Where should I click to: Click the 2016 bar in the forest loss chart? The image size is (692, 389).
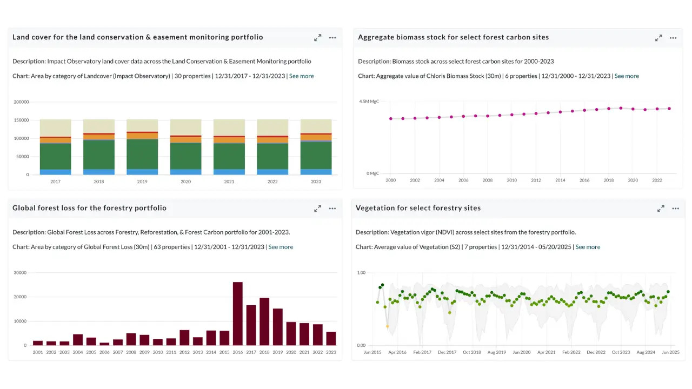237,313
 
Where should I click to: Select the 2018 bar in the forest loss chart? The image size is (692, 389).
264,321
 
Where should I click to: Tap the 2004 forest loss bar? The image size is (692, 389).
78,340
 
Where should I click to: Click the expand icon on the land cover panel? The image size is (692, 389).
317,38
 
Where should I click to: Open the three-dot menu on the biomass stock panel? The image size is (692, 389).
673,38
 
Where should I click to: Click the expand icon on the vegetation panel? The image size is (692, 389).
661,209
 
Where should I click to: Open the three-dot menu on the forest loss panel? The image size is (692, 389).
332,209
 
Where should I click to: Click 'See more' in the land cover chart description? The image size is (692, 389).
301,76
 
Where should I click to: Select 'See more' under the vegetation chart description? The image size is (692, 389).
588,247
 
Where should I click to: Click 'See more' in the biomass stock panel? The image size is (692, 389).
627,76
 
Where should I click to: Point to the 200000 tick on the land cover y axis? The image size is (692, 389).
21,102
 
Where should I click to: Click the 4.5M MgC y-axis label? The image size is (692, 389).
369,101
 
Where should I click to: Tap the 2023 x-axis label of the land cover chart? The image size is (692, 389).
316,182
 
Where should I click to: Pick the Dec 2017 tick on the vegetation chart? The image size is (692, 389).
447,352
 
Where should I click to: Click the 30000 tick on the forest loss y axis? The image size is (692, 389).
20,273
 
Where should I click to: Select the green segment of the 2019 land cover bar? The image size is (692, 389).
142,154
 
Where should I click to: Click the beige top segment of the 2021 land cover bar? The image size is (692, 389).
229,128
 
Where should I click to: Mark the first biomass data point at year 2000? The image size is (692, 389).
391,118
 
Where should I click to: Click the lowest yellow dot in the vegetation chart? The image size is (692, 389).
388,326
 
